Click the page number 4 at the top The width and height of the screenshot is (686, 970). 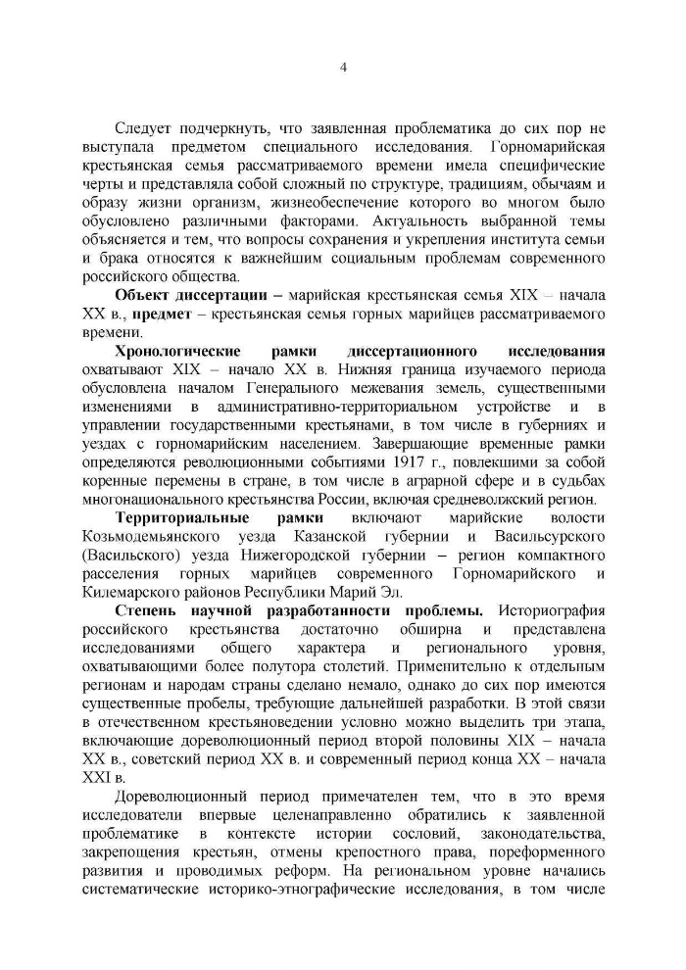(343, 68)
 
